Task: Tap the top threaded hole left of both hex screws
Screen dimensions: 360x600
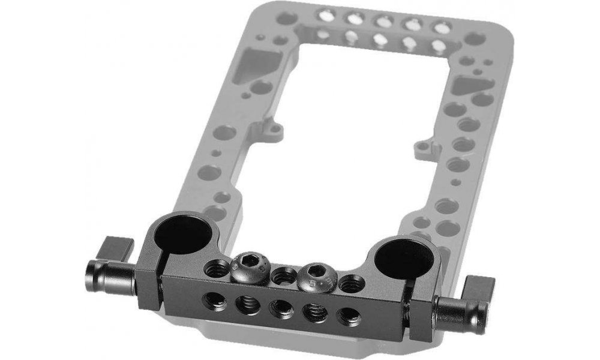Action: [215, 266]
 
